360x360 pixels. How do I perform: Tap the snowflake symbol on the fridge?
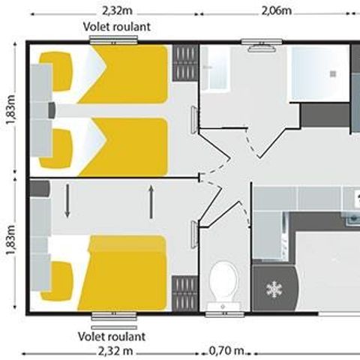point(274,289)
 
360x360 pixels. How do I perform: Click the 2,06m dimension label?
point(276,10)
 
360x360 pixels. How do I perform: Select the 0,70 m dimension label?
point(226,351)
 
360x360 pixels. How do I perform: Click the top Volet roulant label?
point(117,27)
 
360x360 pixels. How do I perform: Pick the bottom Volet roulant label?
point(112,337)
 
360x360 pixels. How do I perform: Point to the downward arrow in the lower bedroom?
point(67,201)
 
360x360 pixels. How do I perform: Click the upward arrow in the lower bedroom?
point(151,202)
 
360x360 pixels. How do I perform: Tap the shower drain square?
point(333,73)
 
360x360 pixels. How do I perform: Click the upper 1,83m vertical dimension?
point(11,109)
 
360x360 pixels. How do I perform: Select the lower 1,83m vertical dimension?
point(11,239)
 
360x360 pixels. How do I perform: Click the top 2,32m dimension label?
point(117,10)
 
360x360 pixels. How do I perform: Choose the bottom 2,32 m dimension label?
point(115,351)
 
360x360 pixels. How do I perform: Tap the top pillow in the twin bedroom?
point(56,71)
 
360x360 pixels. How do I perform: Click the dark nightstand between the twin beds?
point(52,110)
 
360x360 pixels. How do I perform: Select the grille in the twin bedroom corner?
point(185,63)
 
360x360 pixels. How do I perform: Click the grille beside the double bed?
point(184,293)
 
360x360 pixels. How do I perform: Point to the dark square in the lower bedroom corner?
point(40,188)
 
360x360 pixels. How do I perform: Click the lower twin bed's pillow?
point(56,148)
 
